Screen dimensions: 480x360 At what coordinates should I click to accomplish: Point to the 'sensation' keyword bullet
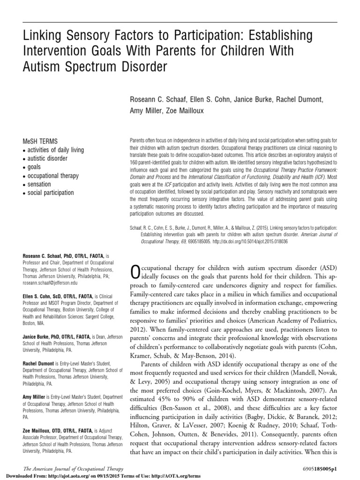(37, 184)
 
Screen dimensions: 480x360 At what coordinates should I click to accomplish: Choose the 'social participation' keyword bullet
(50, 193)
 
